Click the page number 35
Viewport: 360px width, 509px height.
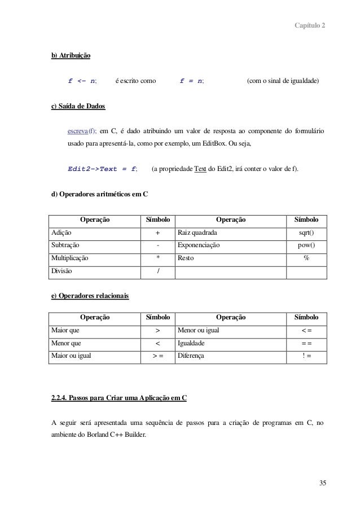(322, 482)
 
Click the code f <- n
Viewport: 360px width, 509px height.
(82, 81)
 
